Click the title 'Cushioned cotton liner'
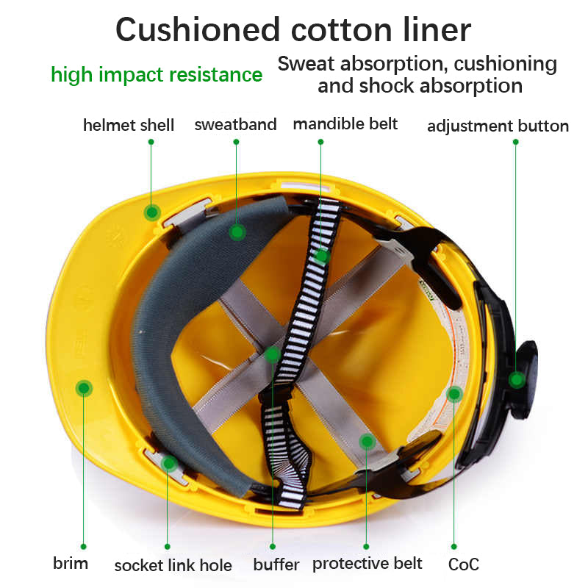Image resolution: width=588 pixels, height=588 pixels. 293,29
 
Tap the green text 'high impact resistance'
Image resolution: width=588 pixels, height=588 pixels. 157,74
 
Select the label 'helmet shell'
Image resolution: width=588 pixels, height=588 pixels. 129,125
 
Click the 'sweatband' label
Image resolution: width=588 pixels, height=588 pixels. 235,124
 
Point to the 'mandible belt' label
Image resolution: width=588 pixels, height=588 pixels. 345,123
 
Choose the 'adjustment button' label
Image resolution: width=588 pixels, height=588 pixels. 498,126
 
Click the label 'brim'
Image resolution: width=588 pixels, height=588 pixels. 71,564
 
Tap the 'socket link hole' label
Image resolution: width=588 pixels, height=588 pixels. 173,565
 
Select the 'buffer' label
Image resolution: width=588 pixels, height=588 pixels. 276,564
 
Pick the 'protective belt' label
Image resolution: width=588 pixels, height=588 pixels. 367,563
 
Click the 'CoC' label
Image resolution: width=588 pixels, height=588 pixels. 464,564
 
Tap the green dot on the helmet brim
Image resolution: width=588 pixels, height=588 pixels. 85,387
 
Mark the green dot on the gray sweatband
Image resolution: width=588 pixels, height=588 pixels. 237,232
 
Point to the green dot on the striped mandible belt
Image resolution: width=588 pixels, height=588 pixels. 322,256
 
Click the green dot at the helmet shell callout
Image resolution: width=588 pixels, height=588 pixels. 152,212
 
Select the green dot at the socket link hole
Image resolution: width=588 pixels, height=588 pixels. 169,463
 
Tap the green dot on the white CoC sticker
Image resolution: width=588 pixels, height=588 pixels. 454,394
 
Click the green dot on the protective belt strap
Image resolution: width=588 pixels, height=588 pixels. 367,441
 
